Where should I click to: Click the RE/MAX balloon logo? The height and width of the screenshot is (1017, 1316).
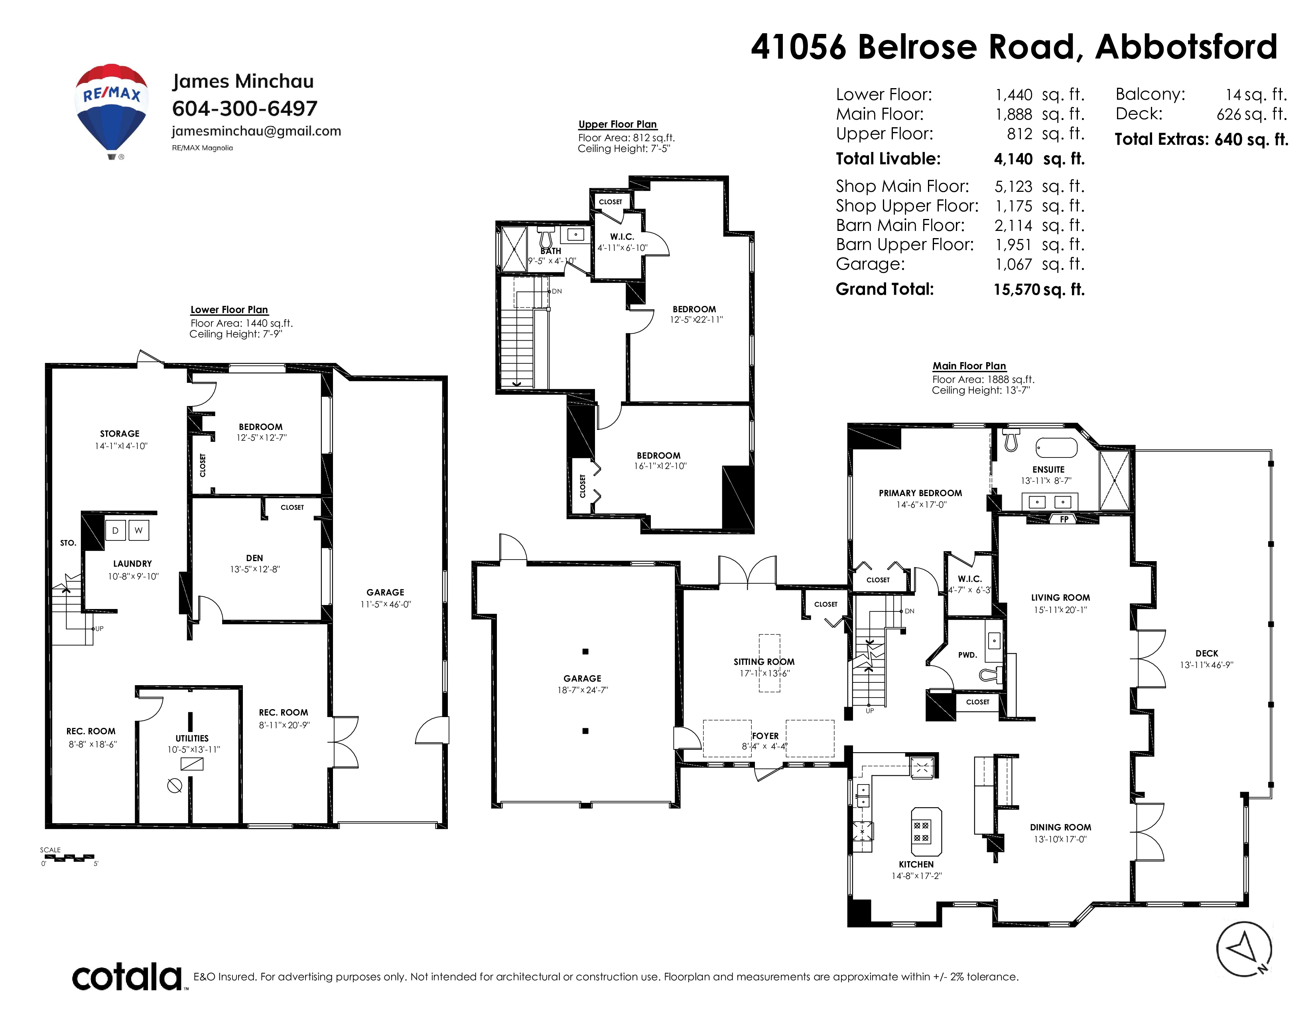(112, 111)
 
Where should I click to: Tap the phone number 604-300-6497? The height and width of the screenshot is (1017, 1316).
(244, 108)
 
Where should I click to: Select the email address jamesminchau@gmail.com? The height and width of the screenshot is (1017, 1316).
(256, 131)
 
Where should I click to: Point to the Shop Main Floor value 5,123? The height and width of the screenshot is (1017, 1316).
(1013, 187)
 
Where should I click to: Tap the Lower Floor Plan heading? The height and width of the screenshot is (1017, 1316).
(229, 309)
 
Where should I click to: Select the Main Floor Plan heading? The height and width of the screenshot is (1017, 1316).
(969, 366)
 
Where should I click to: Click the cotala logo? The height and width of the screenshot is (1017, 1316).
(127, 977)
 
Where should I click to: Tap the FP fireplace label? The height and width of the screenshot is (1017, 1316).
(1064, 519)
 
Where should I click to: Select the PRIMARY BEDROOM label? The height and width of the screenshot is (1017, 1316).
(920, 493)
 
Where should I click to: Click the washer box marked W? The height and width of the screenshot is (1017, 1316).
(139, 530)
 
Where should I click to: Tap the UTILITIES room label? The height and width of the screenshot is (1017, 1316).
(192, 738)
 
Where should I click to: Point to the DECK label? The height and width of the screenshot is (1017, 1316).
(1207, 653)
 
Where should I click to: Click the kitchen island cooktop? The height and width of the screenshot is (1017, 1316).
(921, 832)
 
